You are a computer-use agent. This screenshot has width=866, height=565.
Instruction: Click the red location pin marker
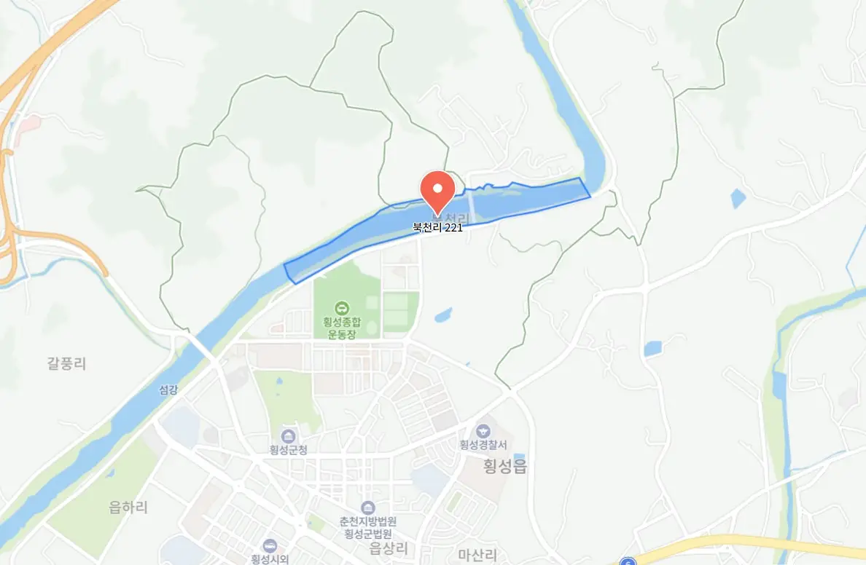point(438,189)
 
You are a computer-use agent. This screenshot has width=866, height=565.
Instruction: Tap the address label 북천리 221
point(437,227)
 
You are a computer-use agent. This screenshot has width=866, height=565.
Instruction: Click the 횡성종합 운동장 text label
point(341,327)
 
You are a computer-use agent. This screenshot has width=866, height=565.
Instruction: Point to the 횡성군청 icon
point(289,436)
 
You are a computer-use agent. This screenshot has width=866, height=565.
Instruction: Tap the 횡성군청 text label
point(289,450)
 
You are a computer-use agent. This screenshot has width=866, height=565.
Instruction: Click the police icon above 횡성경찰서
point(483,431)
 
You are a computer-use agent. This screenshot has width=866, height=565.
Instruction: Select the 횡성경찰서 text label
point(483,445)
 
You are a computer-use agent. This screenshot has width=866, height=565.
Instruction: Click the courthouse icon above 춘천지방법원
point(368,507)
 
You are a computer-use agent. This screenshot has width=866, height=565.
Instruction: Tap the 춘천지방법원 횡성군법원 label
point(368,527)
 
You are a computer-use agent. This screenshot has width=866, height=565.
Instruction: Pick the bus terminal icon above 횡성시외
point(270,546)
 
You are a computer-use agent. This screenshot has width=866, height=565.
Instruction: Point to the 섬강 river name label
point(168,390)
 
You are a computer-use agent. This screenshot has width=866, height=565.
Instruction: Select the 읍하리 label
point(128,507)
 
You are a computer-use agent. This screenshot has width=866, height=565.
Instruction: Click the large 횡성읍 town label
point(504,467)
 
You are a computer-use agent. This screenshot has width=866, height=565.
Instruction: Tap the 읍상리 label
point(389,548)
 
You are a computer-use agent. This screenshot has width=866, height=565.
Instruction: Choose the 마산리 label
point(477,555)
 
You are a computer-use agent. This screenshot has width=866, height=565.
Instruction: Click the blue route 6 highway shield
point(628,561)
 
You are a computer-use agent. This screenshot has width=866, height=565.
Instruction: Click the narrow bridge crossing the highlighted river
point(472,205)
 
